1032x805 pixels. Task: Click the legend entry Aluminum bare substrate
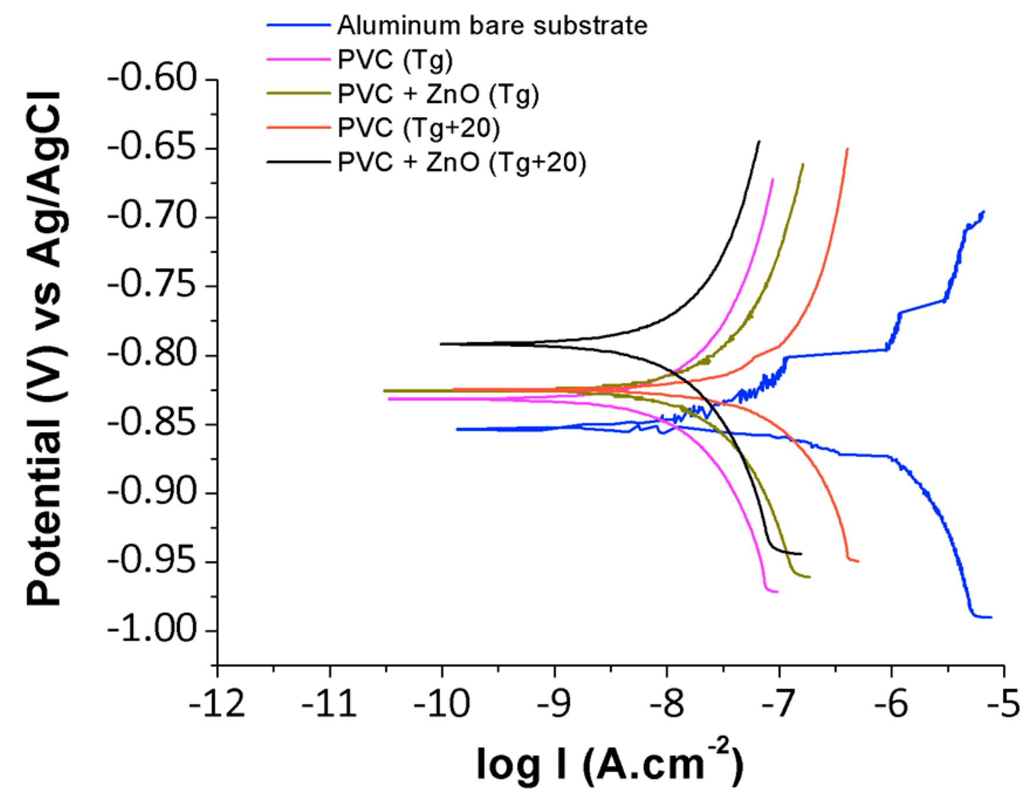pyautogui.click(x=492, y=26)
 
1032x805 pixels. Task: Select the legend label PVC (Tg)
pyautogui.click(x=395, y=60)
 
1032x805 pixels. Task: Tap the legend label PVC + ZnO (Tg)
pyautogui.click(x=438, y=94)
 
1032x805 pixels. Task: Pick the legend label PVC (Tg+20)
pyautogui.click(x=419, y=128)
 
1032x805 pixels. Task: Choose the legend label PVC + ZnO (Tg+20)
pyautogui.click(x=462, y=162)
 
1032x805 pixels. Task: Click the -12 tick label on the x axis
pyautogui.click(x=217, y=704)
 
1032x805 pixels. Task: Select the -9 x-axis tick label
pyautogui.click(x=554, y=704)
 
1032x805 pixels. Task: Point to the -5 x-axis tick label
pyautogui.click(x=1003, y=704)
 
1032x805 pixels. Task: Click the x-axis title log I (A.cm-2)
pyautogui.click(x=609, y=765)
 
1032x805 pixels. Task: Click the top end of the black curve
pyautogui.click(x=759, y=141)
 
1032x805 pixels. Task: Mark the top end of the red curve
pyautogui.click(x=847, y=149)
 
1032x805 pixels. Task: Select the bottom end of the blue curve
pyautogui.click(x=991, y=617)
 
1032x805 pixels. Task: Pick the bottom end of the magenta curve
pyautogui.click(x=777, y=592)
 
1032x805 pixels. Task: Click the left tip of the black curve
pyautogui.click(x=441, y=344)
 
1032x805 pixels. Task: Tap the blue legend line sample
pyautogui.click(x=299, y=26)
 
